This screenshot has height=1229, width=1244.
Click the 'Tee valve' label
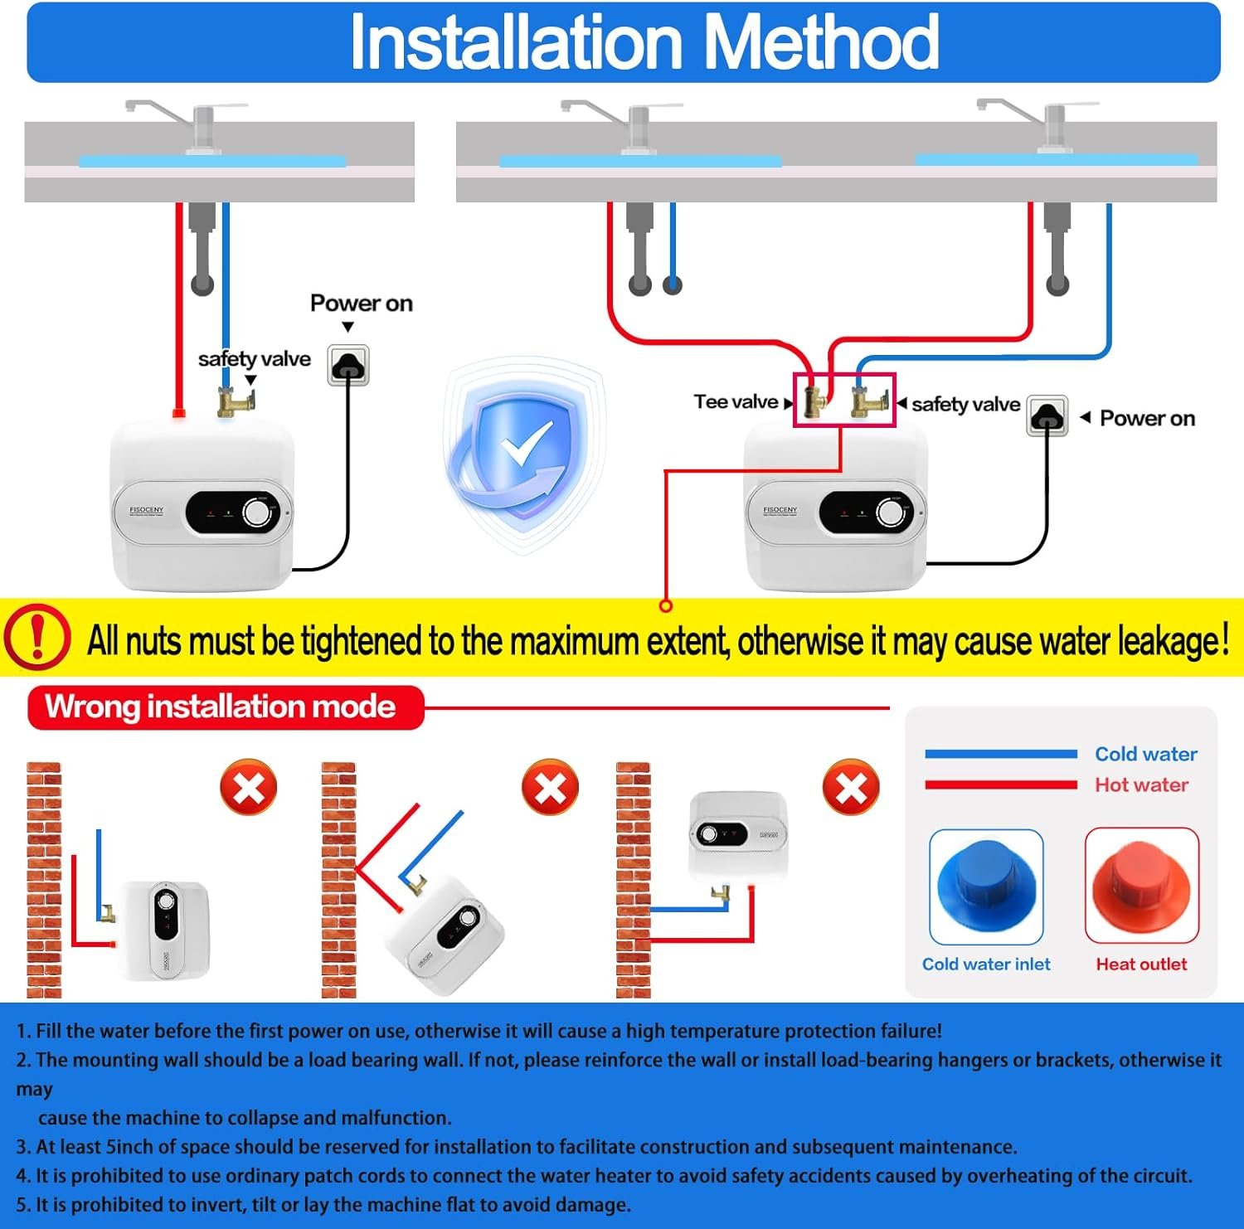pyautogui.click(x=736, y=402)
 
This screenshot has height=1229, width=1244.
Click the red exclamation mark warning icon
pyautogui.click(x=37, y=637)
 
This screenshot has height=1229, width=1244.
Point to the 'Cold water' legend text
pyautogui.click(x=1146, y=754)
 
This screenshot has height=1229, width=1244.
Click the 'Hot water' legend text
pyautogui.click(x=1141, y=785)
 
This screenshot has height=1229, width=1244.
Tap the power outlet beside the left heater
pyautogui.click(x=348, y=365)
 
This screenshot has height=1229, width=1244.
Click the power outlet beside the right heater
pyautogui.click(x=1047, y=415)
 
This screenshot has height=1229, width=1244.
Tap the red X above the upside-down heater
pyautogui.click(x=851, y=787)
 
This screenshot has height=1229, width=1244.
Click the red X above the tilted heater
pyautogui.click(x=550, y=787)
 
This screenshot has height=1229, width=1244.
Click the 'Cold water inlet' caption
pyautogui.click(x=986, y=964)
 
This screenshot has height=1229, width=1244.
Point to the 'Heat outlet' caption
pyautogui.click(x=1141, y=964)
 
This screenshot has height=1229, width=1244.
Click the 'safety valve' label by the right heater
pyautogui.click(x=965, y=405)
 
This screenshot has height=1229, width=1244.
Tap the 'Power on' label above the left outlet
pyautogui.click(x=361, y=304)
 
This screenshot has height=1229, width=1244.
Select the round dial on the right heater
pyautogui.click(x=892, y=513)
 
